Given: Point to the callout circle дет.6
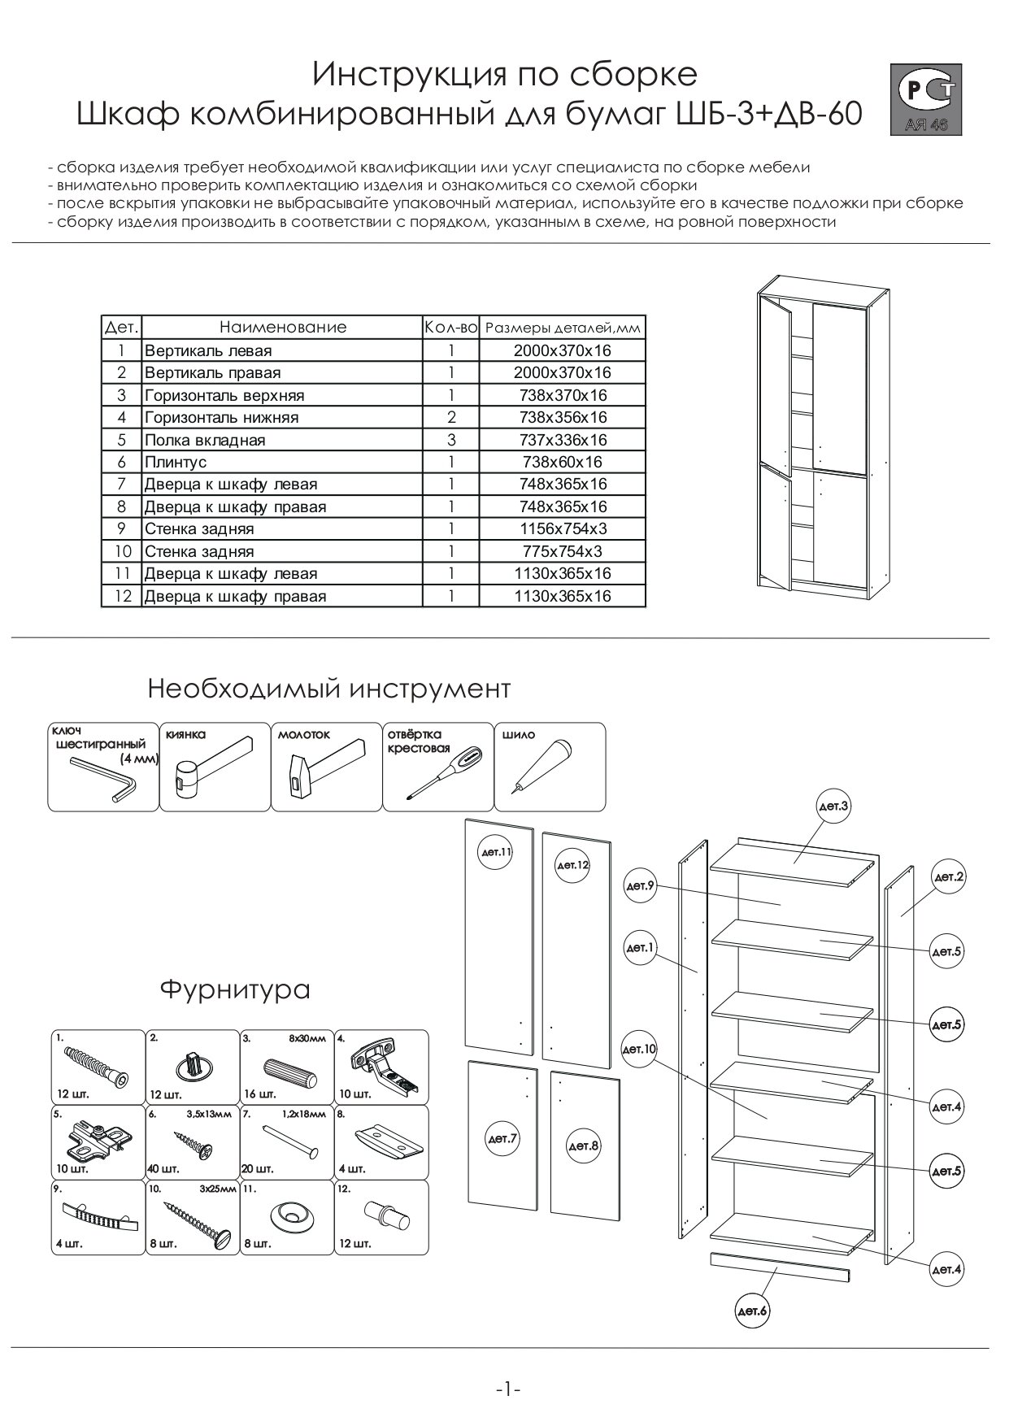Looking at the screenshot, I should click(752, 1311).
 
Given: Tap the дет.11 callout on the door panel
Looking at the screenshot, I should click(496, 853).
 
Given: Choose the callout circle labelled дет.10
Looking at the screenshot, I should click(639, 1050).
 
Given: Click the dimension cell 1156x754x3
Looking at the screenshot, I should click(562, 528).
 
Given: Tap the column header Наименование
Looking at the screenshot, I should click(282, 327).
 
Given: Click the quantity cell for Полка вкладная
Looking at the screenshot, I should click(451, 440).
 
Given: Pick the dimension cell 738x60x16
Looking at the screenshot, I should click(562, 462).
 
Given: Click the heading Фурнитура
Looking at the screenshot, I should click(235, 989).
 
